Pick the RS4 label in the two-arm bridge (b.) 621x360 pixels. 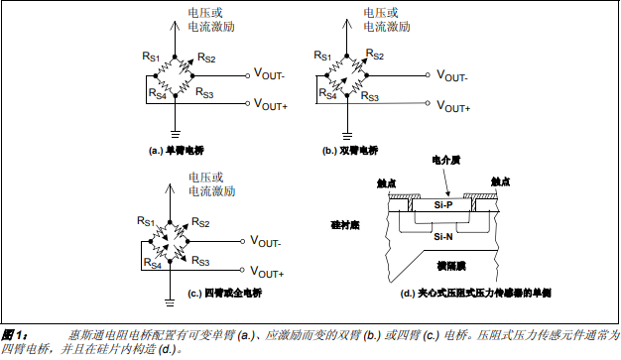click(x=325, y=94)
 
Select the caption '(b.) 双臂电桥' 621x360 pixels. click(x=350, y=150)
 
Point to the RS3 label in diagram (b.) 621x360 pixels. click(x=370, y=96)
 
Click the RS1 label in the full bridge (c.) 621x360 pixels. click(x=147, y=222)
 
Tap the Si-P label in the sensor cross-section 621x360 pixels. click(x=443, y=205)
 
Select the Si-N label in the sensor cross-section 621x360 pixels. click(x=443, y=237)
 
